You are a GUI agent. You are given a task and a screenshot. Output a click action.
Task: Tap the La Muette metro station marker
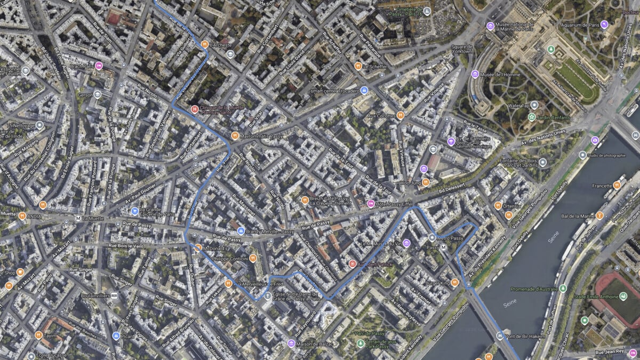pos(78,218)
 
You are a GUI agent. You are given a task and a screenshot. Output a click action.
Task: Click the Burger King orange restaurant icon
pos(455,283)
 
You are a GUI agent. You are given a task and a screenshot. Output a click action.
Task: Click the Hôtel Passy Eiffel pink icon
pos(371,203)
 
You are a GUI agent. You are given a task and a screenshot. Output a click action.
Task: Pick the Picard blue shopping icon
pos(116,335)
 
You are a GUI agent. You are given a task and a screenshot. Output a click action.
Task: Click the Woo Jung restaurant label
pos(410,182)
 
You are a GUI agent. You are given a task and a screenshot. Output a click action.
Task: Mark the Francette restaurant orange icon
pos(617,186)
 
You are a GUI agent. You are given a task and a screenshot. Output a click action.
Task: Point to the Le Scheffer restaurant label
pos(374,67)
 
